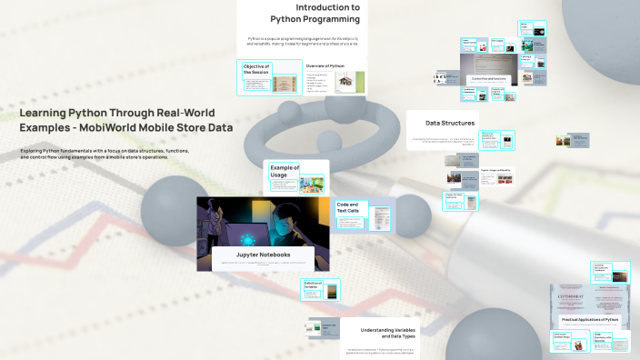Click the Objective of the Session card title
pyautogui.click(x=256, y=69)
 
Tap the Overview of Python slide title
pyautogui.click(x=325, y=66)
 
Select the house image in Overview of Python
pyautogui.click(x=345, y=82)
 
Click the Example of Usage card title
pyautogui.click(x=284, y=171)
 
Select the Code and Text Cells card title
pyautogui.click(x=347, y=209)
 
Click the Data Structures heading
pyautogui.click(x=450, y=123)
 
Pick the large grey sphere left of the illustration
pyautogui.click(x=165, y=200)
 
